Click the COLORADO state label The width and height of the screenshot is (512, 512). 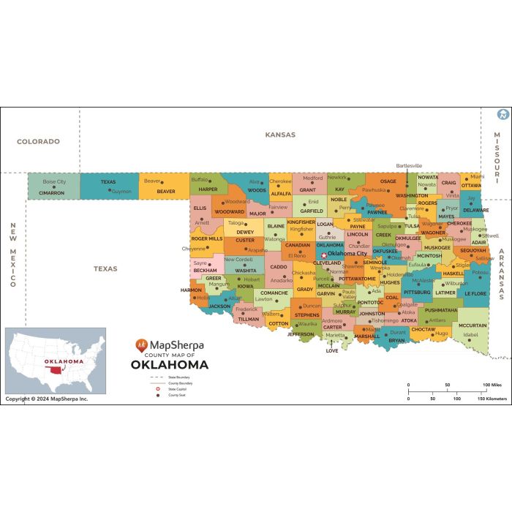point(38,141)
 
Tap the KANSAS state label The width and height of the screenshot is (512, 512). point(280,135)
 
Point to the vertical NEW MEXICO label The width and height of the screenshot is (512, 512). point(12,255)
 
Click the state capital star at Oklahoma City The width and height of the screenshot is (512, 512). point(324,255)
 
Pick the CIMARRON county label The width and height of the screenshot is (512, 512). point(52,193)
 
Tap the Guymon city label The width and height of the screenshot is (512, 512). point(121,192)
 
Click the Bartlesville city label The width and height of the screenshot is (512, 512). point(409,165)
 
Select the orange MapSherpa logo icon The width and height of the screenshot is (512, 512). point(141,345)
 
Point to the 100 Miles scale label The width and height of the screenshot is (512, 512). point(491,385)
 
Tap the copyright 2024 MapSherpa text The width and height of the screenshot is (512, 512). point(46,399)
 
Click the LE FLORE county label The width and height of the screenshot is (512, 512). point(475,293)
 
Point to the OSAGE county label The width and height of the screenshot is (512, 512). point(388,181)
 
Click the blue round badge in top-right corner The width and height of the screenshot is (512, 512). point(502,114)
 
